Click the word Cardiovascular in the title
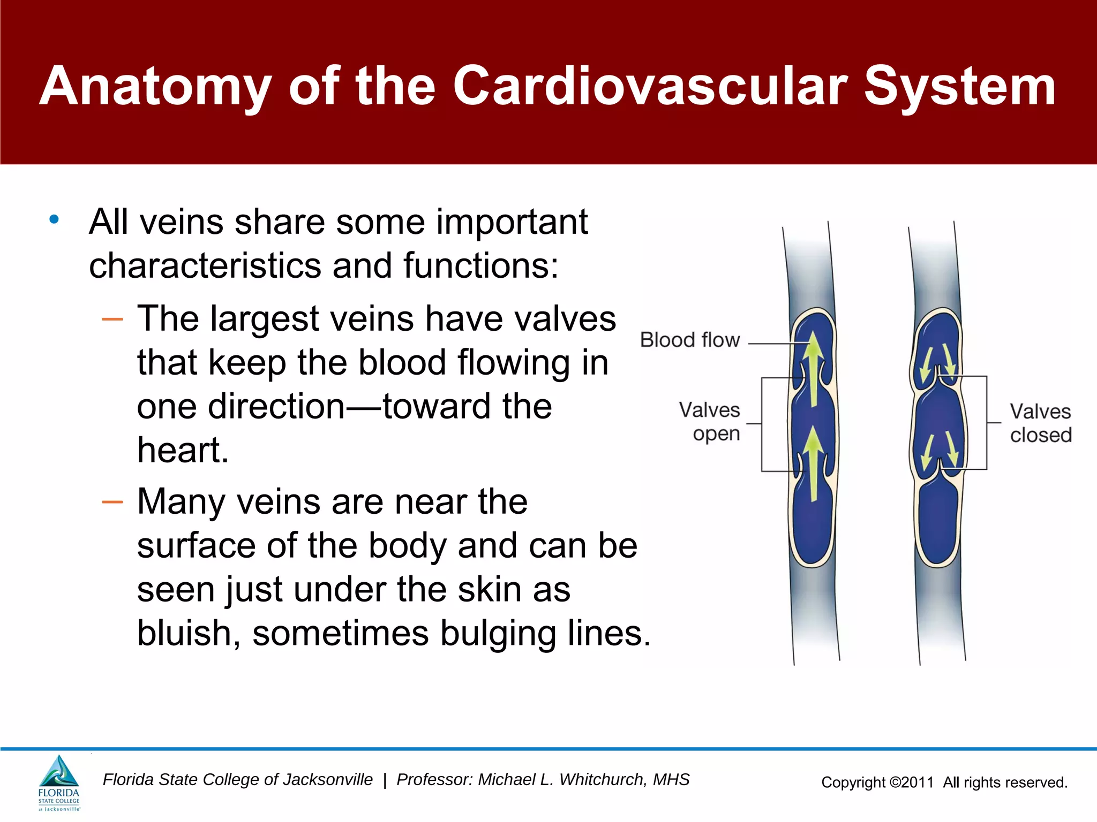(650, 87)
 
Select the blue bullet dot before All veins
(54, 219)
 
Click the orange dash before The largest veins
(112, 319)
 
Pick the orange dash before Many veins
(112, 502)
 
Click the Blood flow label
(689, 340)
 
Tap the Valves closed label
(1040, 423)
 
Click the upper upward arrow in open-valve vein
(814, 369)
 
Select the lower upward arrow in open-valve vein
(814, 463)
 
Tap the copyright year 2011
(917, 782)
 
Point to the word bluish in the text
(184, 634)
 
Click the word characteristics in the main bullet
(206, 265)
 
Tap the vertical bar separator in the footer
(385, 780)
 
